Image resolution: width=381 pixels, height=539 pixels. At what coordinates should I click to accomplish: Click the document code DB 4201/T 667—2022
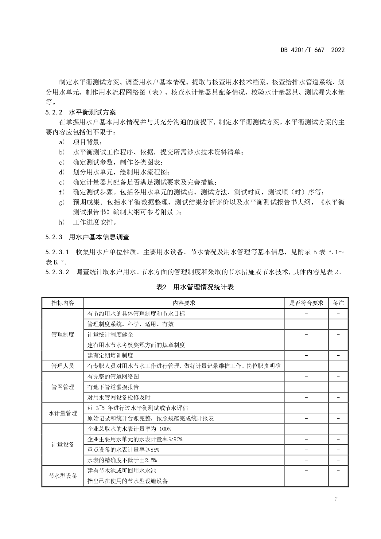coord(313,50)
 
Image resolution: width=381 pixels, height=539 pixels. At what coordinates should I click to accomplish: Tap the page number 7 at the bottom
coord(336,499)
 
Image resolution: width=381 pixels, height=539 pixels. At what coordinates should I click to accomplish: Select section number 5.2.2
coord(54,112)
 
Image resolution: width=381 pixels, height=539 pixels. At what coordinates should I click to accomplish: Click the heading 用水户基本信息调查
coord(99,237)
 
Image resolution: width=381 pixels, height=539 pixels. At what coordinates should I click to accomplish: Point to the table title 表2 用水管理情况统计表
coord(195,287)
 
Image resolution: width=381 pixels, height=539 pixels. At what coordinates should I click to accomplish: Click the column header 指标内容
coord(63,303)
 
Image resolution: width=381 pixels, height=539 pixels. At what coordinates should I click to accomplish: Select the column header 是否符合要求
coord(306,303)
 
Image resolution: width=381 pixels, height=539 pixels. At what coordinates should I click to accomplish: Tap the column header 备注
coord(338,303)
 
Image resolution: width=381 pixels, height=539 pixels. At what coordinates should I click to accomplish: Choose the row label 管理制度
coord(63,334)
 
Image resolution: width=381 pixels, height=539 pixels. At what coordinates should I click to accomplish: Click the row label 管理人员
coord(63,366)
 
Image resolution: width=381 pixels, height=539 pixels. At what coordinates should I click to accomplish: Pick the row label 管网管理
coord(63,387)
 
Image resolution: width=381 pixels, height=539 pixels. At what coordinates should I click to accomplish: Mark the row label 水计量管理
coord(63,413)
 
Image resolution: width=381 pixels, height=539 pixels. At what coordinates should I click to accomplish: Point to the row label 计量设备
coord(63,444)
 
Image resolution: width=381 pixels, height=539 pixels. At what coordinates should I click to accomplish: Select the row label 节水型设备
coord(63,476)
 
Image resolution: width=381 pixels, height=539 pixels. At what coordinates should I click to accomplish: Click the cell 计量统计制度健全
coord(110,334)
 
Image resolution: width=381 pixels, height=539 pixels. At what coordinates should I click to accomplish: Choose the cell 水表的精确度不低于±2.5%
coord(122,460)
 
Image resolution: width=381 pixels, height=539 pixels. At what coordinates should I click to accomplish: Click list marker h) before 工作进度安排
coord(62,222)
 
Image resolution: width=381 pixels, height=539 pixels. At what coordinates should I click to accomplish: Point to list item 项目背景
coord(87,142)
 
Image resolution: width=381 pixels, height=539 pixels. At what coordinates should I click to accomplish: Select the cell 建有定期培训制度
coord(110,355)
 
